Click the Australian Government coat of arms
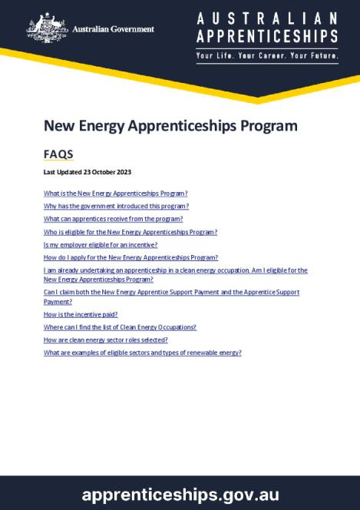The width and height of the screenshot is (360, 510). coord(47,28)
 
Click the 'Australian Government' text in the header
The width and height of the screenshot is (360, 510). coord(113,29)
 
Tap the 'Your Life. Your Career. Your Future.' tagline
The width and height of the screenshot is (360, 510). coord(266,57)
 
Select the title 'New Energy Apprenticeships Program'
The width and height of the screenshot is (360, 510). coord(170,126)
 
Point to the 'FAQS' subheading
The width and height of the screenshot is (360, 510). coord(58,154)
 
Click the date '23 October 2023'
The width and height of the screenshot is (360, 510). coord(104,172)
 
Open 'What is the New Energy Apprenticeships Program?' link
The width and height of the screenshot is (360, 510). coord(116,193)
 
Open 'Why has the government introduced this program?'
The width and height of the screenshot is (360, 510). coord(116,206)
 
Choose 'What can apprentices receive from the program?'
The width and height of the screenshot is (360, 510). coord(113,219)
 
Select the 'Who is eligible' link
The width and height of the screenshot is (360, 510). coord(130,232)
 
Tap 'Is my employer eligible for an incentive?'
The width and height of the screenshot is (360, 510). coord(101,245)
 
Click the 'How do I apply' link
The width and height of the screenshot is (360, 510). coord(130,258)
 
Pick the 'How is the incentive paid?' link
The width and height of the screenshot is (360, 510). coord(81,314)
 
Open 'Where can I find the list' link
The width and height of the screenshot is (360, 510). coord(120,327)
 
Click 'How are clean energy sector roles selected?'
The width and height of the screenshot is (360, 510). coord(106,339)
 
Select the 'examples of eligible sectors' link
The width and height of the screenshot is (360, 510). coord(143,353)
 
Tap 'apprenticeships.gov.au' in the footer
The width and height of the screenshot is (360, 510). coord(180,494)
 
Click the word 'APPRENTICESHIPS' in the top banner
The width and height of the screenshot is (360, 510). coord(266,36)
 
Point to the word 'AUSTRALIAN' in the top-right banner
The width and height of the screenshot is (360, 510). coord(266,18)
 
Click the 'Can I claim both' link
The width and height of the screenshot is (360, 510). coord(171,293)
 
